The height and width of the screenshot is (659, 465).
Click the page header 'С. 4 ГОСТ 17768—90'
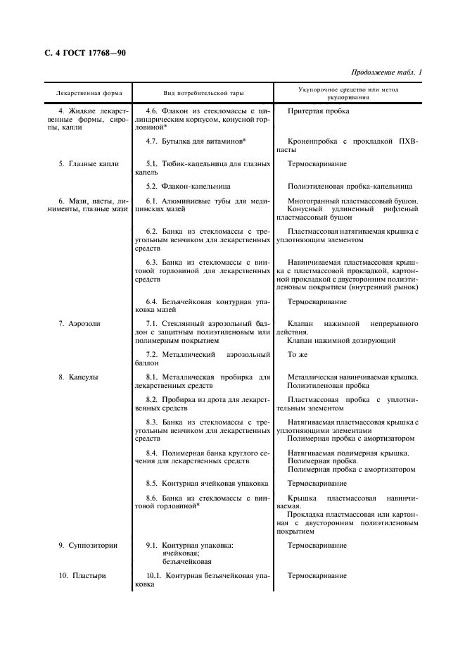[81, 53]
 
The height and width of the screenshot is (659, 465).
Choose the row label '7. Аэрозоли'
[79, 323]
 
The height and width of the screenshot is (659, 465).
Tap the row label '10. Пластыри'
[82, 575]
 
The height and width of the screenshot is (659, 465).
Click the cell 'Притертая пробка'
[318, 111]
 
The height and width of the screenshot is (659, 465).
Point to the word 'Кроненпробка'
[312, 141]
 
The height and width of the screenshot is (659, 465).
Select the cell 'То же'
[298, 354]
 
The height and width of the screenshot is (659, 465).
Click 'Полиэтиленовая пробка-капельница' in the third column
[350, 186]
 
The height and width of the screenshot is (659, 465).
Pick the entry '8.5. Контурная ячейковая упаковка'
[207, 484]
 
